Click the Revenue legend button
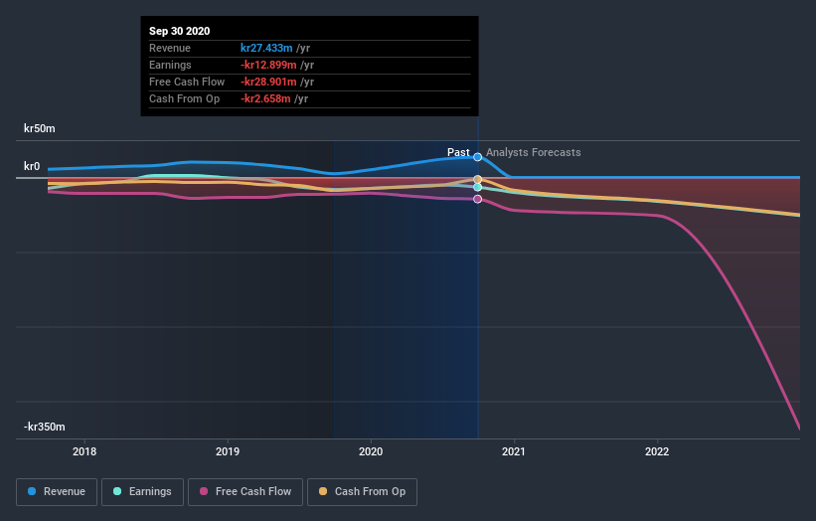coord(58,491)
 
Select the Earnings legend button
coord(143,491)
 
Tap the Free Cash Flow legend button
coord(245,491)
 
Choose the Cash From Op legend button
coord(363,491)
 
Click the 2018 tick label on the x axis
coord(84,451)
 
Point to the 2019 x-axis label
coord(228,451)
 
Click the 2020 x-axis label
coord(371,451)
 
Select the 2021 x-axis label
coord(514,451)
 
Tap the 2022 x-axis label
coord(657,451)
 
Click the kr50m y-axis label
coord(40,128)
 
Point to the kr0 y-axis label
coord(32,166)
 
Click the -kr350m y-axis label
coord(45,427)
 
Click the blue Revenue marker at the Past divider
coord(478,157)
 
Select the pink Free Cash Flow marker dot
coord(478,199)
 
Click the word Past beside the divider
coord(458,152)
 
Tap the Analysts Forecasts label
coord(534,152)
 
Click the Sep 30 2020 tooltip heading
coord(180,32)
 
